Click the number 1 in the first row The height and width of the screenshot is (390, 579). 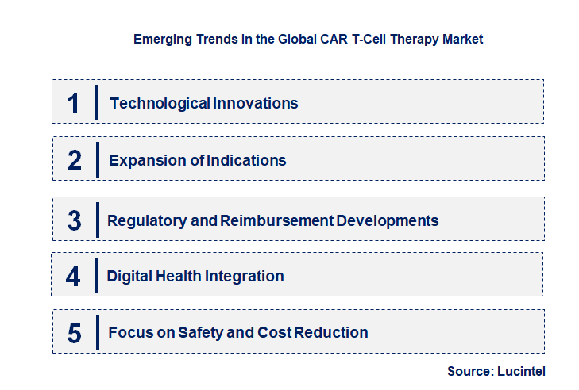74,103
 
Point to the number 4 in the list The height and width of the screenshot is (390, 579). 74,277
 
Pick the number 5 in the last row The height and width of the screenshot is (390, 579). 75,333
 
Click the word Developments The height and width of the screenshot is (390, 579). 388,220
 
